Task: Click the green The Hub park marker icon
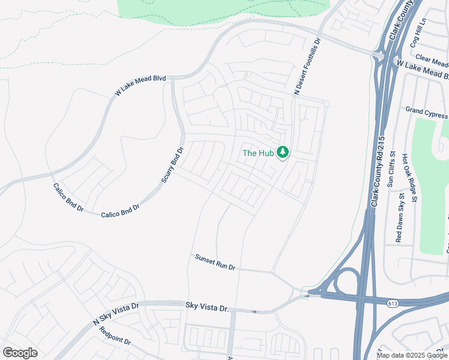[283, 153]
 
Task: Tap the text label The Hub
[258, 153]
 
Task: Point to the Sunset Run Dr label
[215, 262]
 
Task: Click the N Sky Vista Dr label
[116, 314]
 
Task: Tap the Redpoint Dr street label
[115, 336]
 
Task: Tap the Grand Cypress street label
[426, 112]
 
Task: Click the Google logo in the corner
[20, 353]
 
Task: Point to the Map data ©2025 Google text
[412, 355]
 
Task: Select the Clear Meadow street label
[432, 61]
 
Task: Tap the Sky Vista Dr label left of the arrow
[208, 308]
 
